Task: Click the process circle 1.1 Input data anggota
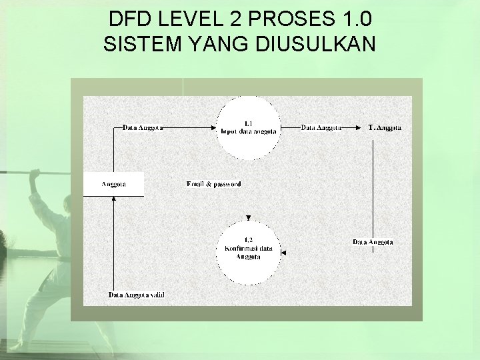coord(248,128)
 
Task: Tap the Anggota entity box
coord(113,184)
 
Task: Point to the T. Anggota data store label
coord(385,127)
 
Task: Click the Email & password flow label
coord(213,184)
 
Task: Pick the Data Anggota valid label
coord(136,295)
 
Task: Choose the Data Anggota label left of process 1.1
coord(143,127)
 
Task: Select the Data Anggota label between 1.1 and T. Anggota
coord(321,127)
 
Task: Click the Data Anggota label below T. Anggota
coord(373,242)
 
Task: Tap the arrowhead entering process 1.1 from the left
coord(213,127)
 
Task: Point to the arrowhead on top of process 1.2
coord(248,217)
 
